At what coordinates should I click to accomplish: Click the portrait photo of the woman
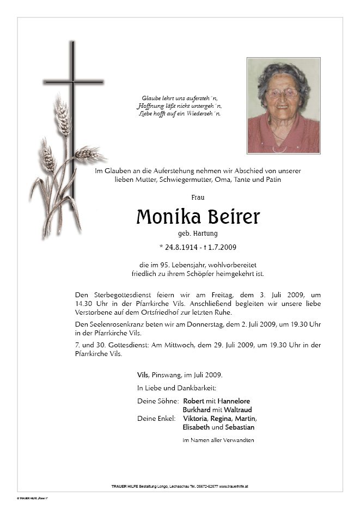283,106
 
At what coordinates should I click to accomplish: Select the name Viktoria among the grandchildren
195,419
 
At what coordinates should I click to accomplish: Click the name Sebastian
238,427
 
